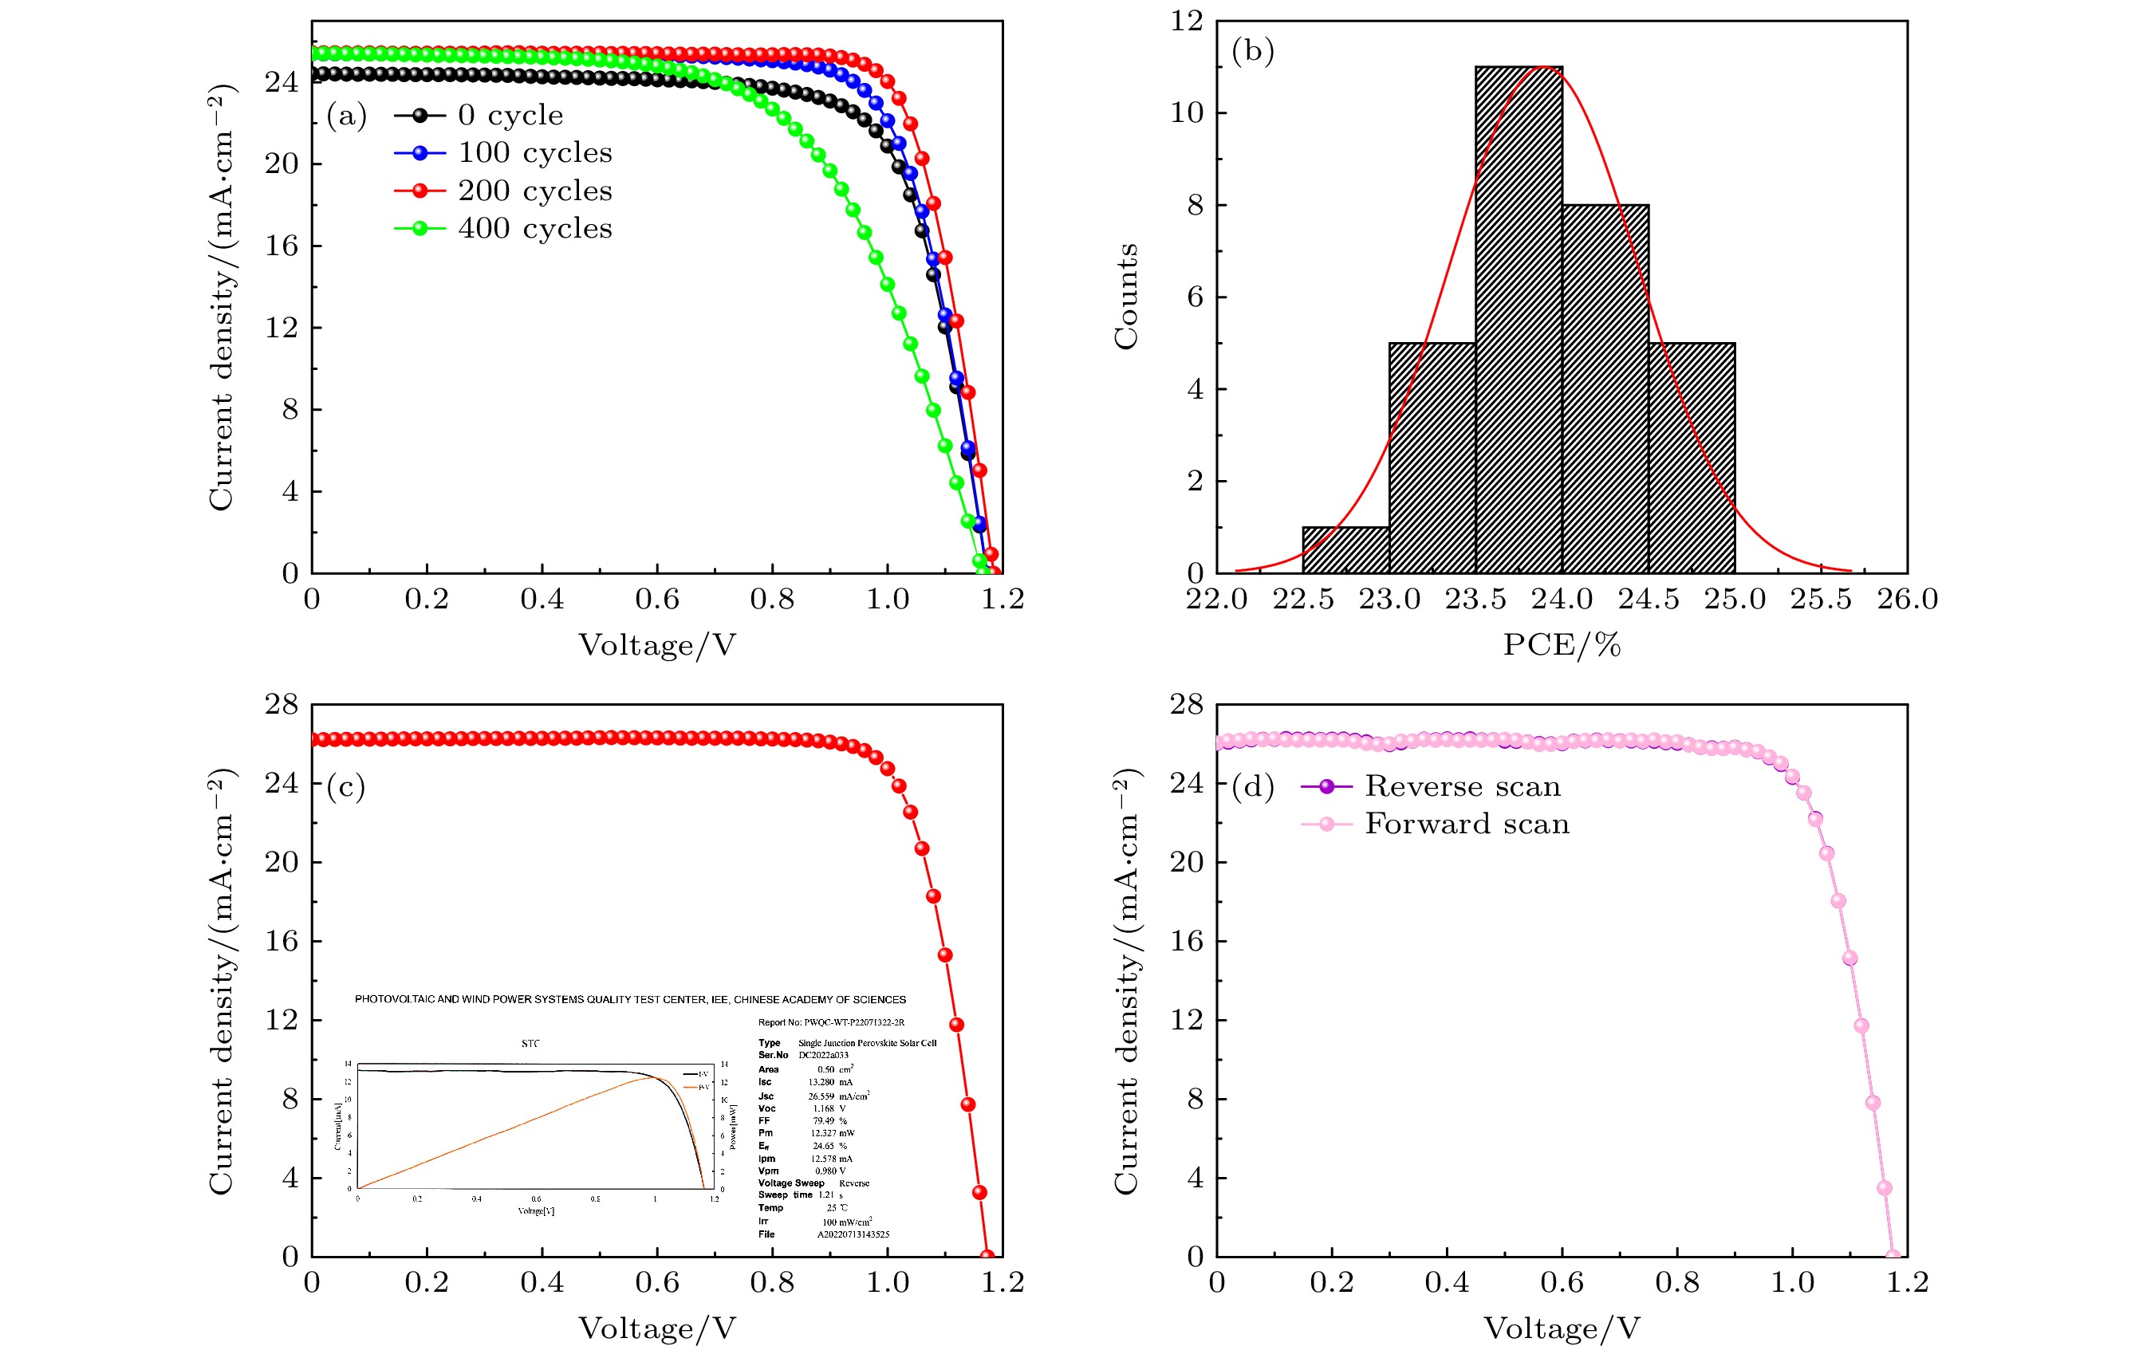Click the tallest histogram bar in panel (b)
1519,319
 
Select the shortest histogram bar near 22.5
1345,550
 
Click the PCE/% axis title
1562,644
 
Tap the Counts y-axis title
1126,296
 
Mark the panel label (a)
346,116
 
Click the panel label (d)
1252,786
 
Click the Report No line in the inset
831,1022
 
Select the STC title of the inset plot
530,1043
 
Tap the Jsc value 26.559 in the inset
821,1096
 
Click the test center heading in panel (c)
629,999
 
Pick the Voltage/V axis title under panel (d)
1562,1328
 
